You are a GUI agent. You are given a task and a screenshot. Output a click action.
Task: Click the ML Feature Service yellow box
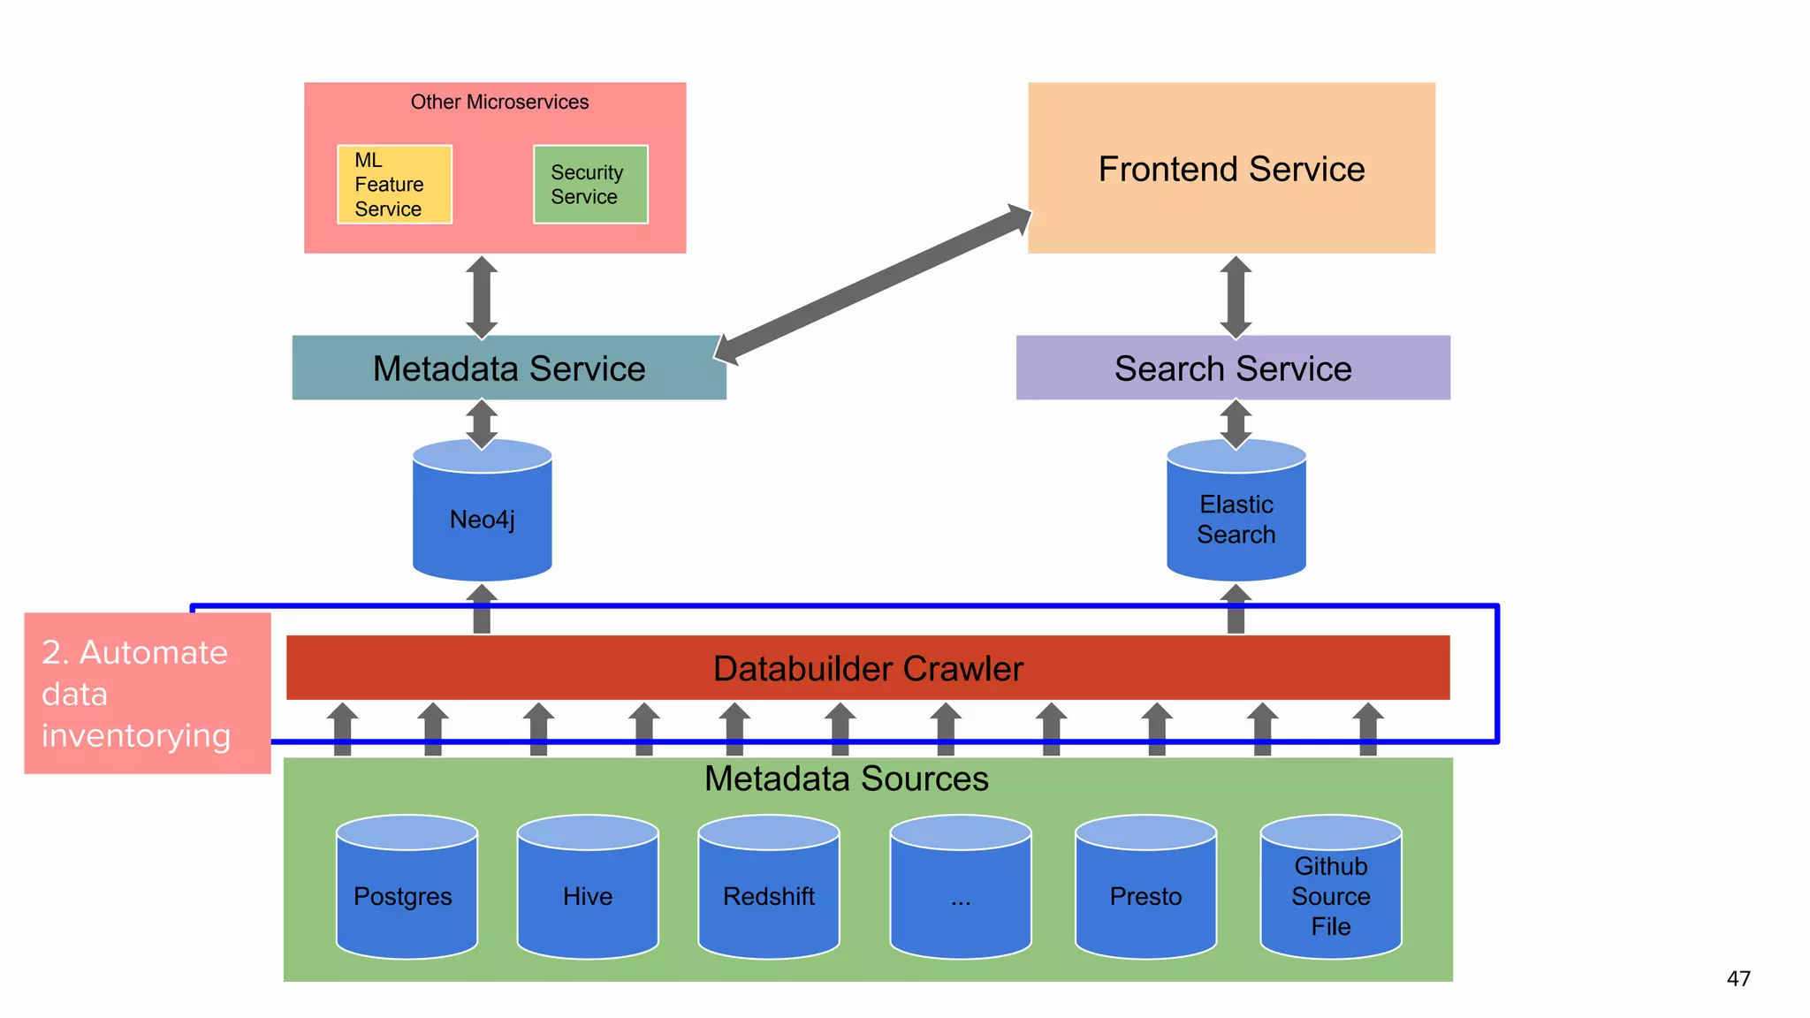point(394,185)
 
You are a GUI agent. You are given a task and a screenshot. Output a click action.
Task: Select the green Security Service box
point(590,185)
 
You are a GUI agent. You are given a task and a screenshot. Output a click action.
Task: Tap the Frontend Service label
point(1231,169)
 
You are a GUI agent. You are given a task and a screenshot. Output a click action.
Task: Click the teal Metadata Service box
point(509,368)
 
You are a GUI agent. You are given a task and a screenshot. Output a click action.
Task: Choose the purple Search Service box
point(1233,368)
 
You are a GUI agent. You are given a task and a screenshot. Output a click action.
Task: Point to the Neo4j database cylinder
point(483,519)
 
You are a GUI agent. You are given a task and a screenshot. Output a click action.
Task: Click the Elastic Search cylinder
point(1236,519)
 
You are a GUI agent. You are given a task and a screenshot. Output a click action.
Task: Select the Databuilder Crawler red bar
point(868,669)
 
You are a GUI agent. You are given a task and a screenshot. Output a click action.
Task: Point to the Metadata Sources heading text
point(846,779)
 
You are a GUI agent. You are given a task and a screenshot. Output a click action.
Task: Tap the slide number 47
point(1738,979)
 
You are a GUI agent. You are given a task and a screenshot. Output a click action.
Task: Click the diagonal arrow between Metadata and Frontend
point(873,285)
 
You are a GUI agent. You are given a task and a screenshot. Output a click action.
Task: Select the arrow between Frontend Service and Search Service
point(1236,298)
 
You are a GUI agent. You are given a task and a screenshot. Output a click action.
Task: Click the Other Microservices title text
point(499,103)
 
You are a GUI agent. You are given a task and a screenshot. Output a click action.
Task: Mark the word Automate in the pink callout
point(154,652)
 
